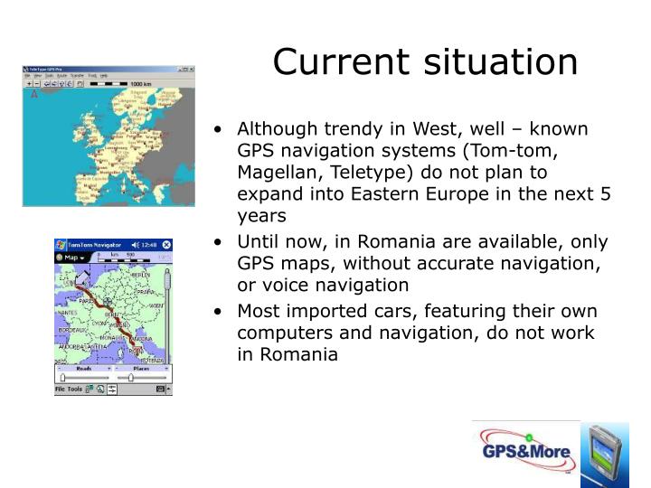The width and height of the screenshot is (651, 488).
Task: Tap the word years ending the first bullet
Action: click(262, 216)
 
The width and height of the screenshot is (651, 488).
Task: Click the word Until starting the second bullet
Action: click(259, 242)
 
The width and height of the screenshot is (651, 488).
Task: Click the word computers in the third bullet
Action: click(279, 333)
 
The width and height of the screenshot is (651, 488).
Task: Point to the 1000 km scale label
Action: click(140, 84)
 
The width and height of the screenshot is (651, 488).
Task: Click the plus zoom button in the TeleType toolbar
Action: click(30, 84)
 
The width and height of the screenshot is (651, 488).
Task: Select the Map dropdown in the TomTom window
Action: click(71, 258)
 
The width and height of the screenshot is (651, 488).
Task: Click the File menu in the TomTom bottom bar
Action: click(61, 389)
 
